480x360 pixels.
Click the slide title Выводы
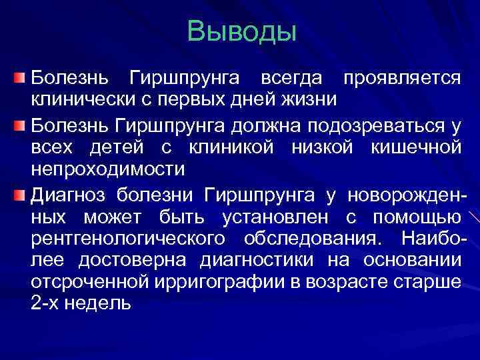(x=241, y=31)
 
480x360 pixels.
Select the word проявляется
(x=400, y=78)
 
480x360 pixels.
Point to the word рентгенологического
(x=126, y=239)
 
